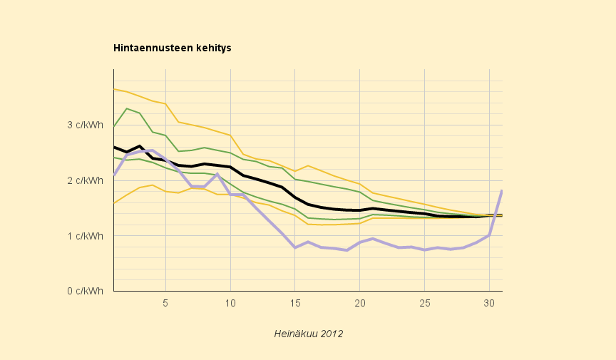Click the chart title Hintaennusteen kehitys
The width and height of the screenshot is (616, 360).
(x=172, y=48)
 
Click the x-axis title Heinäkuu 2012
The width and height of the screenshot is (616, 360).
(x=309, y=334)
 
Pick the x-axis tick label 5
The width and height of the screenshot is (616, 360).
(x=165, y=303)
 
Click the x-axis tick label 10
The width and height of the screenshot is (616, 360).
(x=230, y=303)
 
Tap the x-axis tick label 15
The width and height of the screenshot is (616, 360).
(x=295, y=303)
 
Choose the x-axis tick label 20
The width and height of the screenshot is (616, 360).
(x=359, y=303)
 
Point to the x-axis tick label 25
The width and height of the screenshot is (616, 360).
(x=424, y=303)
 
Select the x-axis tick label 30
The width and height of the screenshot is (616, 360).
(x=489, y=303)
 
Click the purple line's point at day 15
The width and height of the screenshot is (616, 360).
(x=295, y=247)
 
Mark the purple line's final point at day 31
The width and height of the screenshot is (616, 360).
(x=502, y=191)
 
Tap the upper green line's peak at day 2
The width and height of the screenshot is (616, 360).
(x=127, y=108)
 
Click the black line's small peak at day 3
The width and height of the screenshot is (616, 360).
(x=140, y=146)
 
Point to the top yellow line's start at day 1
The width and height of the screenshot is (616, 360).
(x=114, y=89)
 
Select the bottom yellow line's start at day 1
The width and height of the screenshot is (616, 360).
(x=114, y=203)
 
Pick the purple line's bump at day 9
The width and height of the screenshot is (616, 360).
(x=217, y=174)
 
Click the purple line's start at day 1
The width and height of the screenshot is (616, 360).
(x=114, y=175)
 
